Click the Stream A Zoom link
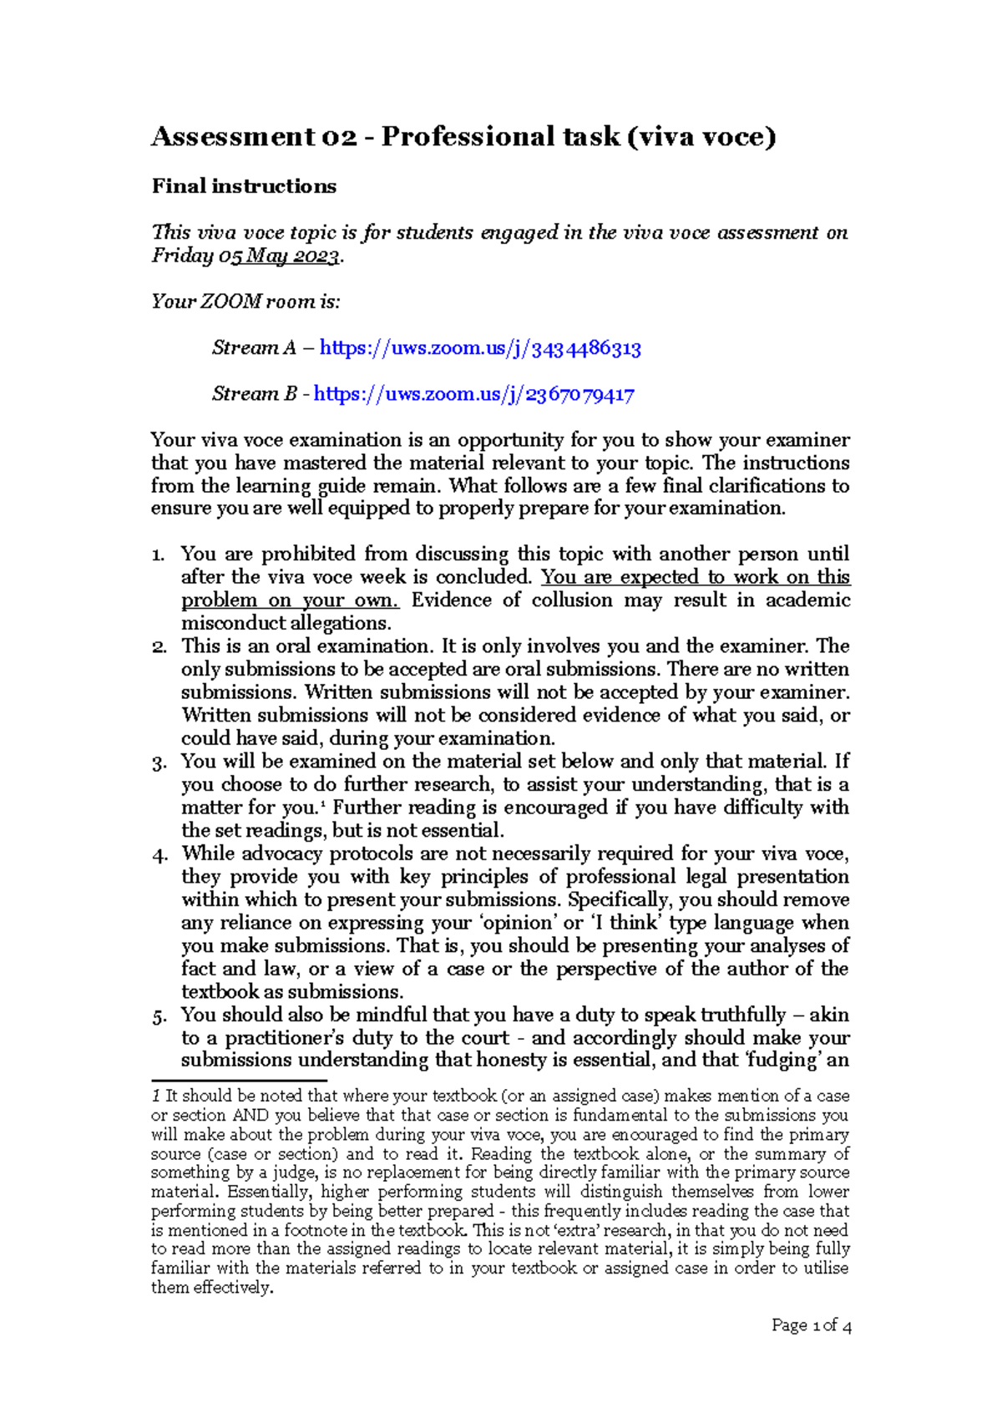pos(480,348)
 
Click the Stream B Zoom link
pos(473,394)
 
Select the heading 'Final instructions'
pos(244,186)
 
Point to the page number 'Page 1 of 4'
pos(811,1325)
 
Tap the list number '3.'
pos(159,762)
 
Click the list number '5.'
pos(159,1016)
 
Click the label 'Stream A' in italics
pos(254,348)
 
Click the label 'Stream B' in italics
pos(254,394)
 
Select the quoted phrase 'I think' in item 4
pos(626,923)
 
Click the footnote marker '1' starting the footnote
pos(155,1096)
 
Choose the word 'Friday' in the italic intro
pos(181,256)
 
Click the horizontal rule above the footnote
pos(239,1081)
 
